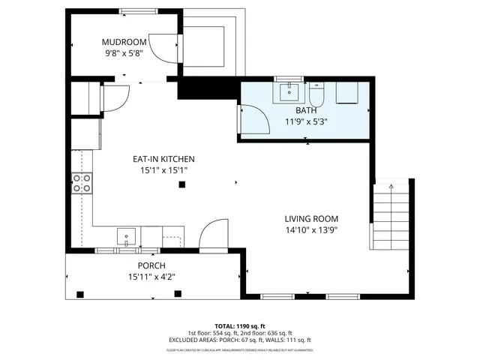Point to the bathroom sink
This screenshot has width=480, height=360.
point(289,92)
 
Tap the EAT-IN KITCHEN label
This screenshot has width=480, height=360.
point(163,159)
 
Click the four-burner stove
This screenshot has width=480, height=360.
point(82,183)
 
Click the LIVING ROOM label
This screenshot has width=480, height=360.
point(311,219)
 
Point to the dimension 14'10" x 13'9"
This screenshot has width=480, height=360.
point(311,230)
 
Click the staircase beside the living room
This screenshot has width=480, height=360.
point(390,217)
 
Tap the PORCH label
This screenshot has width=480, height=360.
point(151,265)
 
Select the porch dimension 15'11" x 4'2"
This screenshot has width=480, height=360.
point(151,276)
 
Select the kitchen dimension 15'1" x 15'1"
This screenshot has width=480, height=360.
point(163,170)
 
